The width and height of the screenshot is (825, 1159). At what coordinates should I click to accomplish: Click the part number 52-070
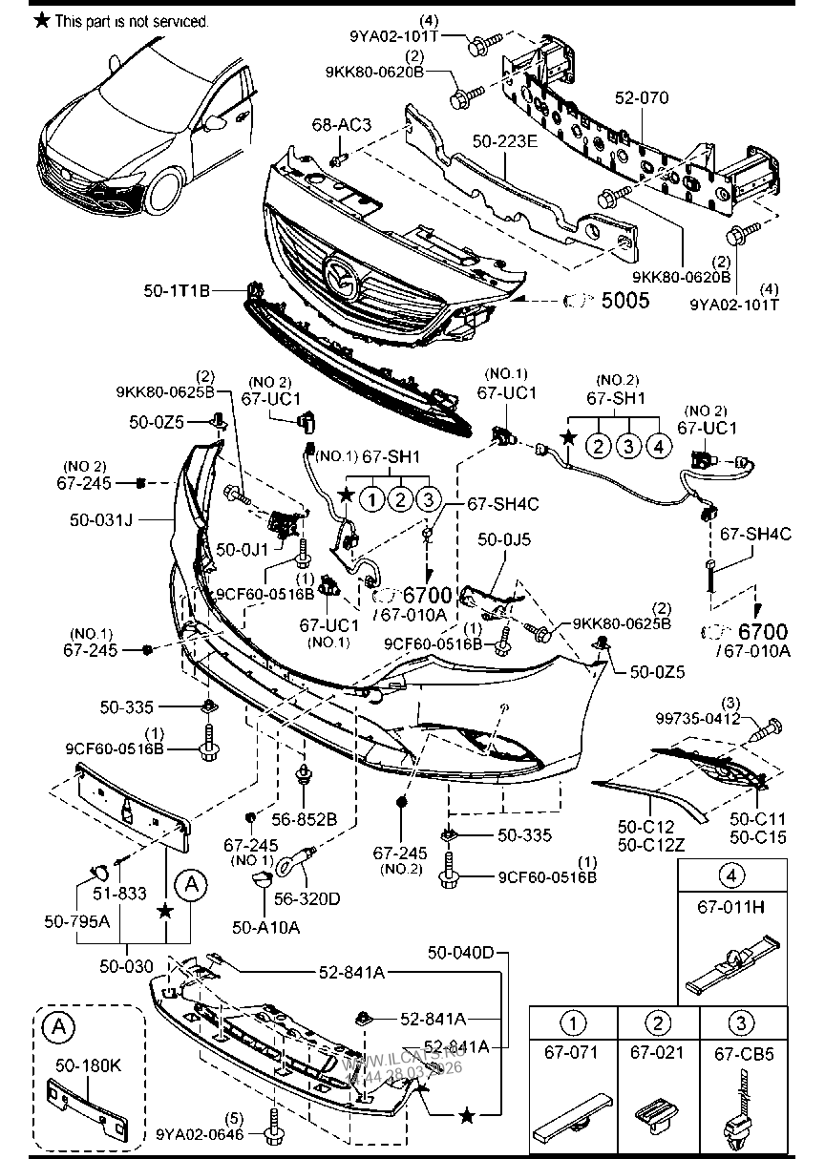(642, 97)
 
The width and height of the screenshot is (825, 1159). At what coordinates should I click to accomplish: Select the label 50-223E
(506, 140)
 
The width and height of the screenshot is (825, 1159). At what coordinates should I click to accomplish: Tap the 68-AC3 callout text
(341, 125)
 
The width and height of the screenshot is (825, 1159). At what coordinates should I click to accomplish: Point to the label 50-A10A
(265, 926)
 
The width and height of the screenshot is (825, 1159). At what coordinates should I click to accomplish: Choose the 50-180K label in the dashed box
(88, 1064)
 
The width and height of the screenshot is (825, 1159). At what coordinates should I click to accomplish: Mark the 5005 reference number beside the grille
(624, 301)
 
